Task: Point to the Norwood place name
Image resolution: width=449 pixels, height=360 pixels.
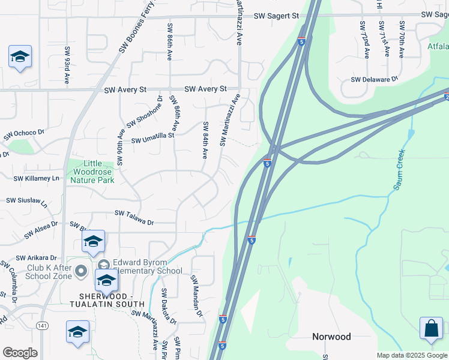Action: point(331,337)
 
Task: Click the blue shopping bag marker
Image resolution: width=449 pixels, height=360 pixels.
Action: point(431,329)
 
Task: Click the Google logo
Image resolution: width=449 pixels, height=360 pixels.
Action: point(20,352)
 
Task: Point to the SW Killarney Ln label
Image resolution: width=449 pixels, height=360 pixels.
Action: point(37,178)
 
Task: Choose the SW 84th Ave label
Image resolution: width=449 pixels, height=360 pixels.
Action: point(205,140)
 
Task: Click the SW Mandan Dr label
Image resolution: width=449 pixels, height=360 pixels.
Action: point(196,296)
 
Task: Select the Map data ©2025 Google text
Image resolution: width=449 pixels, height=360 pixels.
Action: point(412,355)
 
